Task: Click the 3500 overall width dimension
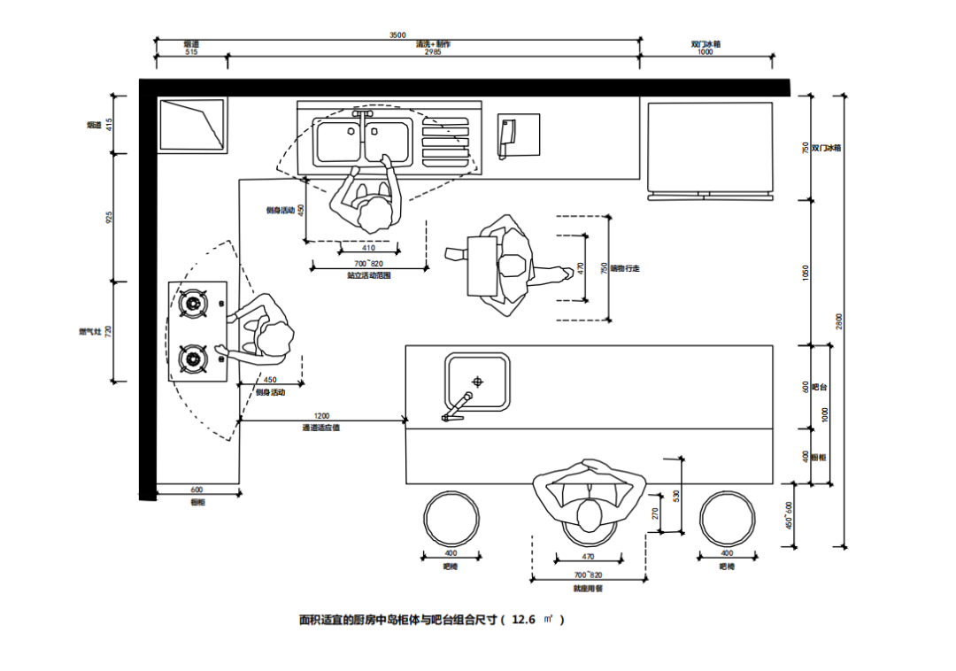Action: tap(397, 35)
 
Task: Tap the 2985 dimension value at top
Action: tap(433, 52)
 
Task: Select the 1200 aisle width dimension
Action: tap(321, 415)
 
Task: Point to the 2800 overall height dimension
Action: tap(838, 321)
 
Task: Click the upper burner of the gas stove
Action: tap(193, 304)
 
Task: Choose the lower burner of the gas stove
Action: tap(193, 359)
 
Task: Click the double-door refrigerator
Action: tap(710, 148)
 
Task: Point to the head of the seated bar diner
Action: tap(589, 514)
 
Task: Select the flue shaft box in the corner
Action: tap(191, 125)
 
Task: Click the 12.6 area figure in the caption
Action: tap(524, 620)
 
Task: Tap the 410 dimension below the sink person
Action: tap(368, 248)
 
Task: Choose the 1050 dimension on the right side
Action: tap(806, 273)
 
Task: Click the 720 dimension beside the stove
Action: tap(110, 331)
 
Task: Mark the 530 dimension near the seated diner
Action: tap(676, 496)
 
